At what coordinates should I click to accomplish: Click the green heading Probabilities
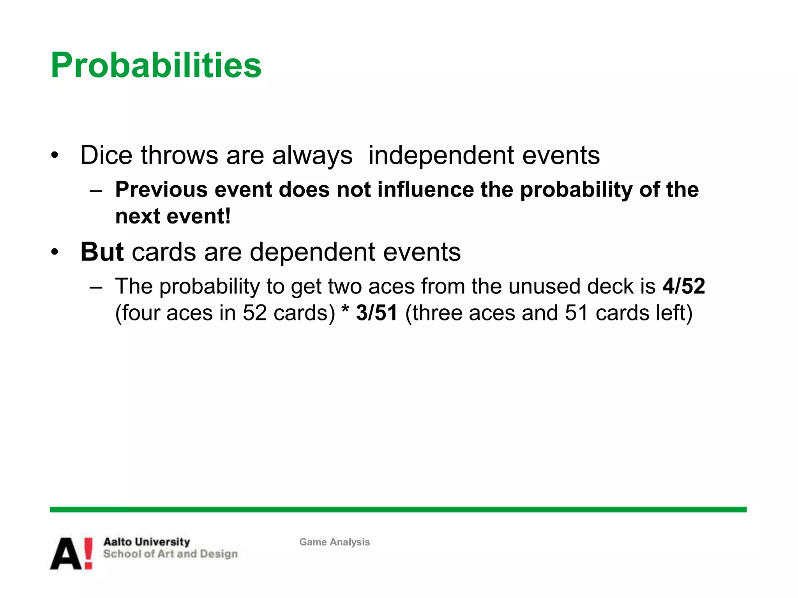(156, 65)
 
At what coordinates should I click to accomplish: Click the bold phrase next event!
(173, 216)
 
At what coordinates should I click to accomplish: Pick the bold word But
(102, 252)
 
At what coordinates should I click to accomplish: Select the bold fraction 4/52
(684, 286)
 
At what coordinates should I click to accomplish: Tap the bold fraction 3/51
(376, 313)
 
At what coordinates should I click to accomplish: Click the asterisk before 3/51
(345, 311)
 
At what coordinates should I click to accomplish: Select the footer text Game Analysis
(334, 542)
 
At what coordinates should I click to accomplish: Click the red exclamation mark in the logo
(88, 553)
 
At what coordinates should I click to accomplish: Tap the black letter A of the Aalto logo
(66, 554)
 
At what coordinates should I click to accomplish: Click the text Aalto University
(147, 542)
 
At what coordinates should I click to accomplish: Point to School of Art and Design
(170, 554)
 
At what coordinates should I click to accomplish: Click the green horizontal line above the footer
(397, 510)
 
